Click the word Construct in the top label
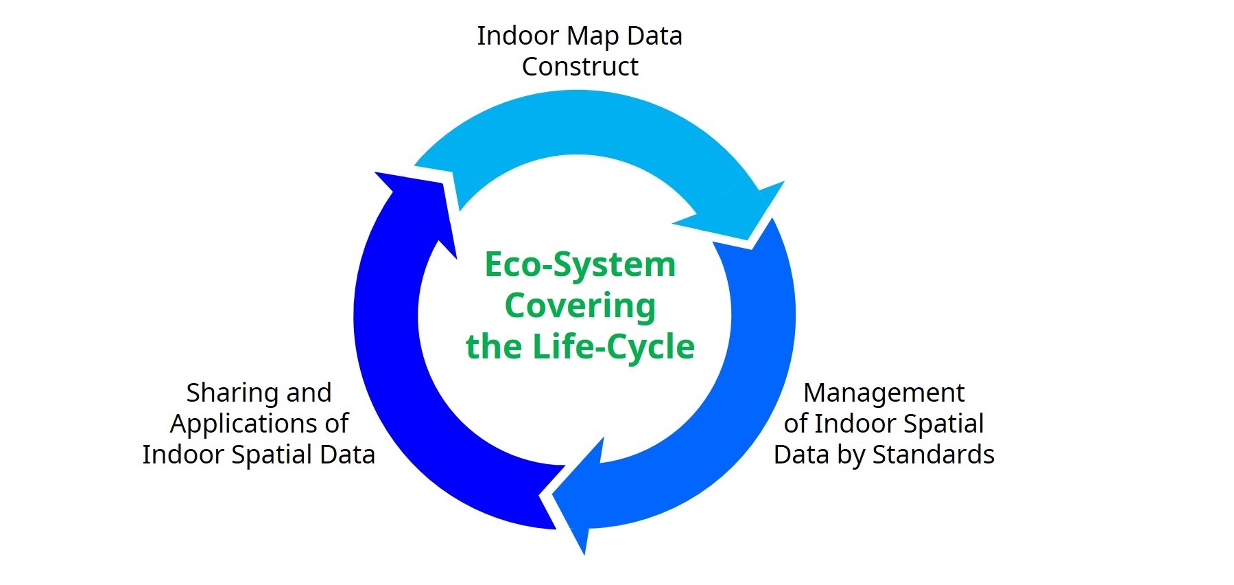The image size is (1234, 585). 580,67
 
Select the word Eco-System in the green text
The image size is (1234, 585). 580,265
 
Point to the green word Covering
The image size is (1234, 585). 580,306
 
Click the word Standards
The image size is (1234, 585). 933,455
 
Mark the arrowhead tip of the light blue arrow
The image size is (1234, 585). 750,241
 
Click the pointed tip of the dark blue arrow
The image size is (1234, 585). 375,172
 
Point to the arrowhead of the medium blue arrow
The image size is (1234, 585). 584,553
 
